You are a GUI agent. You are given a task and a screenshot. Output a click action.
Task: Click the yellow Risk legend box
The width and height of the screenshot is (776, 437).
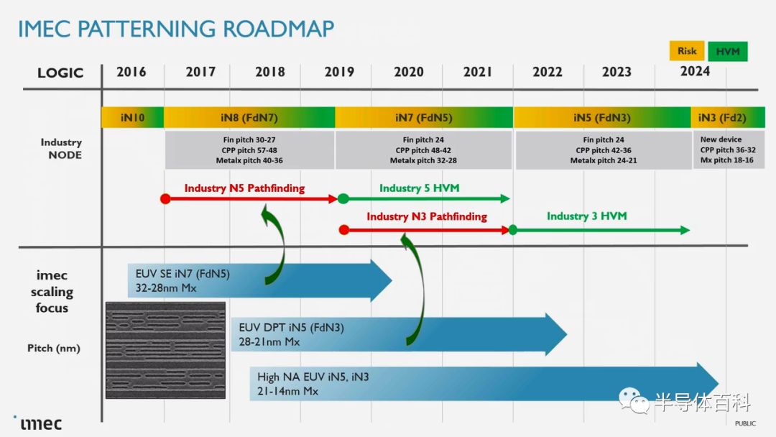click(687, 51)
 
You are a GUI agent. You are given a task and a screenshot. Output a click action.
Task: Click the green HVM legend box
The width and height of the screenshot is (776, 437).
click(727, 52)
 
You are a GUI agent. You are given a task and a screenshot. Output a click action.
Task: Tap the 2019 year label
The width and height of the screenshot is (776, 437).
click(339, 73)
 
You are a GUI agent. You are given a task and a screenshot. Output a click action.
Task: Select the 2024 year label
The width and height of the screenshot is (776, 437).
click(695, 71)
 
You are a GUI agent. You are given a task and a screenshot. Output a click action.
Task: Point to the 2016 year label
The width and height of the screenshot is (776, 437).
click(131, 73)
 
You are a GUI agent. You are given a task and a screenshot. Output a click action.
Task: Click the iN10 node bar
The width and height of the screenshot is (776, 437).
click(133, 118)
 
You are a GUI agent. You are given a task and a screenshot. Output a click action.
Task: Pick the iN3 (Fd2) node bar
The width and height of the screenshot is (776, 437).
click(727, 118)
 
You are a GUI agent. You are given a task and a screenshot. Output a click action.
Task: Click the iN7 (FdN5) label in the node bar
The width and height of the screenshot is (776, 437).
click(424, 118)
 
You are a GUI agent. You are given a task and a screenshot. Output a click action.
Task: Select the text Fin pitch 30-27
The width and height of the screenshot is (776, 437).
click(249, 140)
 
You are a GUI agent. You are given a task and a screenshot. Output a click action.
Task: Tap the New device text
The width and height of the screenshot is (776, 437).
click(721, 139)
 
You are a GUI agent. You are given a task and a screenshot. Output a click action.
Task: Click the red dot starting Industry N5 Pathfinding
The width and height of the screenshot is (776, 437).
click(166, 199)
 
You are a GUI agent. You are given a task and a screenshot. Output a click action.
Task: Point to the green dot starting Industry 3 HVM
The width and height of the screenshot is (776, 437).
click(513, 229)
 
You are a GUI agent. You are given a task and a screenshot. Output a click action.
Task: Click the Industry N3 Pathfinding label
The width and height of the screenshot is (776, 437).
click(427, 216)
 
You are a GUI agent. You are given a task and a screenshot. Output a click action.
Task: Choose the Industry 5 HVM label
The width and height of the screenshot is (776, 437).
click(419, 188)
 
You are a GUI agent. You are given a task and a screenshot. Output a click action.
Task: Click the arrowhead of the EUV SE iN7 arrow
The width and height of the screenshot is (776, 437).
click(382, 280)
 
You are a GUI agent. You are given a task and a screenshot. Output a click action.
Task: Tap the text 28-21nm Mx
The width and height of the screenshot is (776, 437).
click(269, 341)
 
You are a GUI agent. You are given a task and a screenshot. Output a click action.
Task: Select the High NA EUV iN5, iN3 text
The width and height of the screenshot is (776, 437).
click(313, 377)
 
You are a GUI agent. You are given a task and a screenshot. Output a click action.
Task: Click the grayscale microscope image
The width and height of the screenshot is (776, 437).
click(165, 351)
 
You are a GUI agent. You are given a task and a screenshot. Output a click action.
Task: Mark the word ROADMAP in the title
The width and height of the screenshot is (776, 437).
click(279, 29)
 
